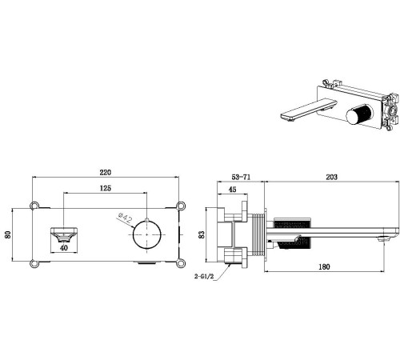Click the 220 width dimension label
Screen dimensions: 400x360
106,173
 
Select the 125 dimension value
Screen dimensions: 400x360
106,188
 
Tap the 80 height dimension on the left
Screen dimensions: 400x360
8,234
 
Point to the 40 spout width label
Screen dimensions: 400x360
64,248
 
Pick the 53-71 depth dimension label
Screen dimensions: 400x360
241,177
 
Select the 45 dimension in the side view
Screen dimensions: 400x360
233,190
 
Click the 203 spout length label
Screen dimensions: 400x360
331,177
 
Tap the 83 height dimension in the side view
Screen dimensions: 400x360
202,234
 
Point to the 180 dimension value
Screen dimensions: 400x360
324,266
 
